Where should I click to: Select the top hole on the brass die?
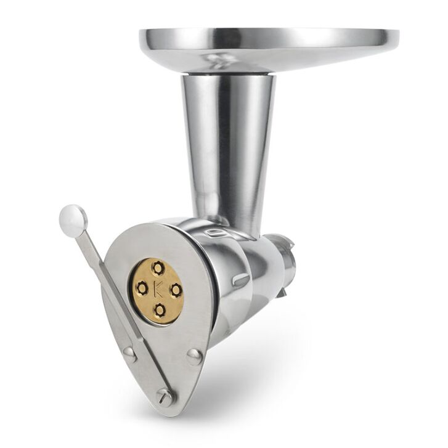click(x=157, y=268)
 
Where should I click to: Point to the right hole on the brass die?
click(x=176, y=290)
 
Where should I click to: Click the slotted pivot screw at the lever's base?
click(x=165, y=397)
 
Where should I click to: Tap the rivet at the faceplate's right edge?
click(x=195, y=357)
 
